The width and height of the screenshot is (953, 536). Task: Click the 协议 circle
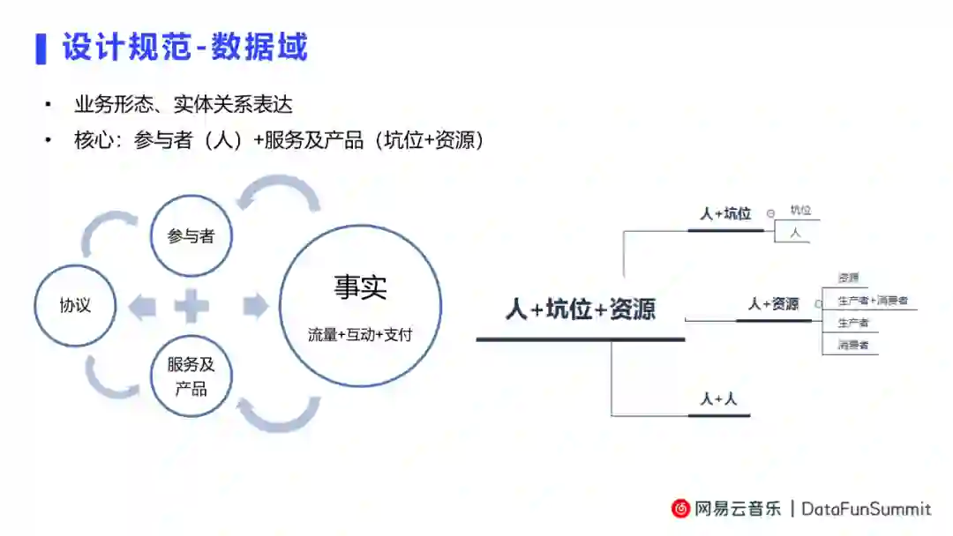coord(75,307)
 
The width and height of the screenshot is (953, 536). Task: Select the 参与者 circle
coord(191,235)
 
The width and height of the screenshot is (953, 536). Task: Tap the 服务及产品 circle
coord(191,376)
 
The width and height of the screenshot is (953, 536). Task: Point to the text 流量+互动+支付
coord(360,335)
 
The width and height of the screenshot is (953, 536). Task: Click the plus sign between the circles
coord(191,307)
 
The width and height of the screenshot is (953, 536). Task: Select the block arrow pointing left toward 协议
coord(142,307)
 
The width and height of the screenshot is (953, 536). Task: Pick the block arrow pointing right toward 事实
coord(254,307)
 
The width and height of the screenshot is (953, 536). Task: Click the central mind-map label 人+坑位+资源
coord(581,309)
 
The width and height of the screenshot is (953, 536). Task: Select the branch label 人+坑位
coord(725,213)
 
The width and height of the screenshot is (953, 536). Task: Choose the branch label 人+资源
coord(773,303)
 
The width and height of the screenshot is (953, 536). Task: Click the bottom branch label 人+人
coord(718,398)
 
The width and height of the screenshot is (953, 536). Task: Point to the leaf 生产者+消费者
coord(872,301)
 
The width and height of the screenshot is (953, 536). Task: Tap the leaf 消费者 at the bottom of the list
coord(853,345)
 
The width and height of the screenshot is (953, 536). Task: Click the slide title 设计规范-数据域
coord(184,47)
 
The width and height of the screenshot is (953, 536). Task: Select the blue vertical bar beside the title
coord(40,48)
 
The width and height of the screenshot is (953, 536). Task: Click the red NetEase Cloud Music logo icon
coord(680,509)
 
